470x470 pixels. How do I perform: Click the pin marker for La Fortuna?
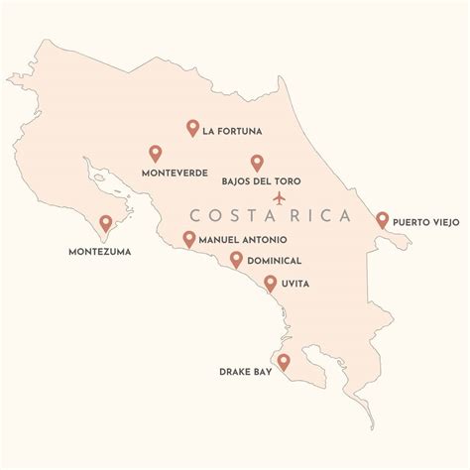tap(193, 127)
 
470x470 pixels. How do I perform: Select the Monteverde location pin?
tap(155, 153)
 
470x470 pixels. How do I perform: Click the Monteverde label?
tap(175, 173)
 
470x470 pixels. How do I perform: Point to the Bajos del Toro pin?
tap(257, 163)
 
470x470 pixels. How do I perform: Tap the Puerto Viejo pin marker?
tap(382, 219)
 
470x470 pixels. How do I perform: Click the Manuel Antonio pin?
tap(188, 238)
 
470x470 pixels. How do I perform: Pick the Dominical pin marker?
tap(236, 259)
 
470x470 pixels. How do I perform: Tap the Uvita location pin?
tap(270, 284)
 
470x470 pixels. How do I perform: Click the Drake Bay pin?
tap(284, 362)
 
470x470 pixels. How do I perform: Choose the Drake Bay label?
tap(243, 374)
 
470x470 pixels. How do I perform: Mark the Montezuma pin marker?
tap(106, 224)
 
